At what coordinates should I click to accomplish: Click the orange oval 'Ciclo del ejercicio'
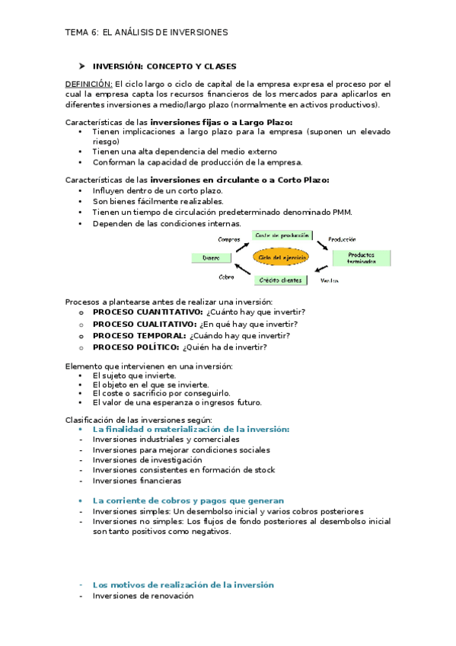[282, 258]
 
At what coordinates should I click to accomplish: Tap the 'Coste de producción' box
[281, 235]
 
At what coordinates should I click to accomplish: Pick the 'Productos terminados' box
[362, 257]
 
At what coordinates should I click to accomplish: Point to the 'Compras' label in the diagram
[228, 239]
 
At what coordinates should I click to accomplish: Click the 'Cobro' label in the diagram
[226, 277]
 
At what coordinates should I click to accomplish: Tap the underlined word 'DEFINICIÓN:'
[89, 84]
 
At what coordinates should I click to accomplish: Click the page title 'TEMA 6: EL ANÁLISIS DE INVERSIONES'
[146, 33]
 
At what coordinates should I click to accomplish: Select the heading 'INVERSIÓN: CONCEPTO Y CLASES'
[164, 66]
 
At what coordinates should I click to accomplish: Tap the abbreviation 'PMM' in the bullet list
[344, 212]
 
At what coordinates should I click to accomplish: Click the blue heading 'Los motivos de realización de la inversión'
[183, 584]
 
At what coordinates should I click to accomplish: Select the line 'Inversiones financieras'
[137, 481]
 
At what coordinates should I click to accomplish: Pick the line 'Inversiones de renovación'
[143, 596]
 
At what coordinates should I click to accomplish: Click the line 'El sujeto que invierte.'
[134, 376]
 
